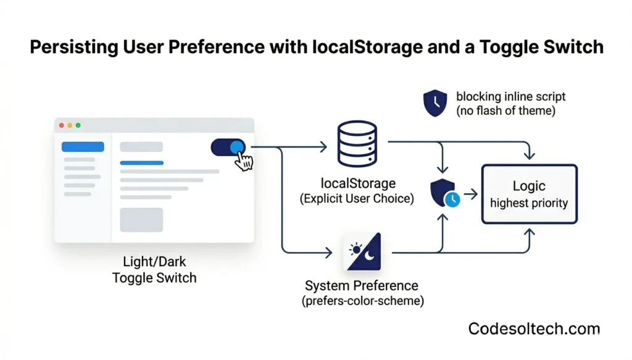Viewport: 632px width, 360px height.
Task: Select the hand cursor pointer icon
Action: (x=245, y=162)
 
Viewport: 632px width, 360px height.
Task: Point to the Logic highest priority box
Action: (x=529, y=194)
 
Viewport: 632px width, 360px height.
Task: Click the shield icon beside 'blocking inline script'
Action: (x=436, y=103)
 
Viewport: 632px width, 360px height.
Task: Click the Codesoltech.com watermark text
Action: (x=534, y=329)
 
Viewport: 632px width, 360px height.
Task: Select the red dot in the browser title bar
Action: (x=61, y=125)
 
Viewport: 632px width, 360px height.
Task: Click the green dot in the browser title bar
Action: (x=78, y=125)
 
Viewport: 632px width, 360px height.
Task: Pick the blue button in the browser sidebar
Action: (x=83, y=147)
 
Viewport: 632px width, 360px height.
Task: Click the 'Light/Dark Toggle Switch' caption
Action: (x=154, y=270)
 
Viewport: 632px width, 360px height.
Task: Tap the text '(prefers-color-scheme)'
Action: (x=362, y=301)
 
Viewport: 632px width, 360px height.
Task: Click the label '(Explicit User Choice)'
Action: (x=357, y=199)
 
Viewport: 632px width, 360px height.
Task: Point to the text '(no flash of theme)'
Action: (x=506, y=111)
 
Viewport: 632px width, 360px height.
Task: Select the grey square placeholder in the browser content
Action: (x=141, y=220)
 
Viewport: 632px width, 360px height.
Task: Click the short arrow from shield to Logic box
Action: (x=470, y=195)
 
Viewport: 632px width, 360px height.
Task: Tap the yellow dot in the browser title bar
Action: (x=70, y=125)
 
